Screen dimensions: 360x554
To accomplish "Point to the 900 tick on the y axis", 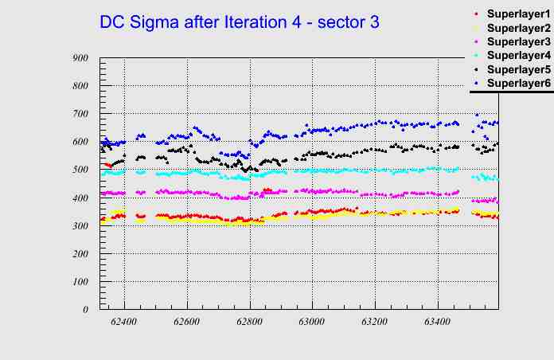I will click(x=80, y=58).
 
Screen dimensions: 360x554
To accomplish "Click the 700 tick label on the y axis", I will click(x=80, y=114).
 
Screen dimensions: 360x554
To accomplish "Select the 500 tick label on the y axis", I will click(x=80, y=170).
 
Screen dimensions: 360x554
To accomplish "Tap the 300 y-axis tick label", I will click(x=80, y=225).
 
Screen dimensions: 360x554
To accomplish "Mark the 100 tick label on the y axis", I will click(x=80, y=282).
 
